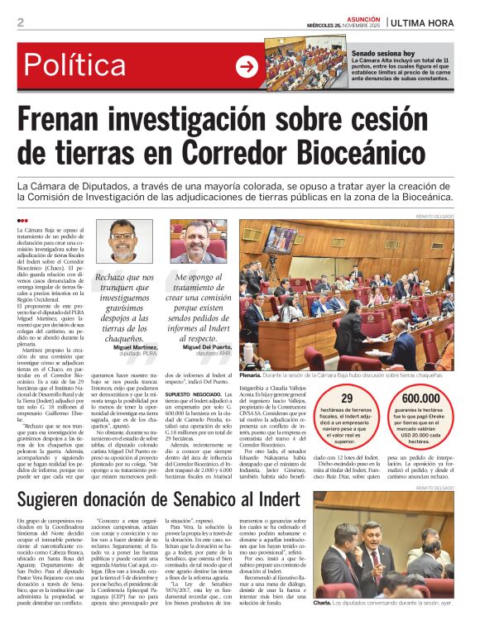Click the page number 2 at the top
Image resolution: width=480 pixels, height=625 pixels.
tap(20, 22)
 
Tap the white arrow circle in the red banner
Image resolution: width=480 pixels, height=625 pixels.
tap(247, 67)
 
